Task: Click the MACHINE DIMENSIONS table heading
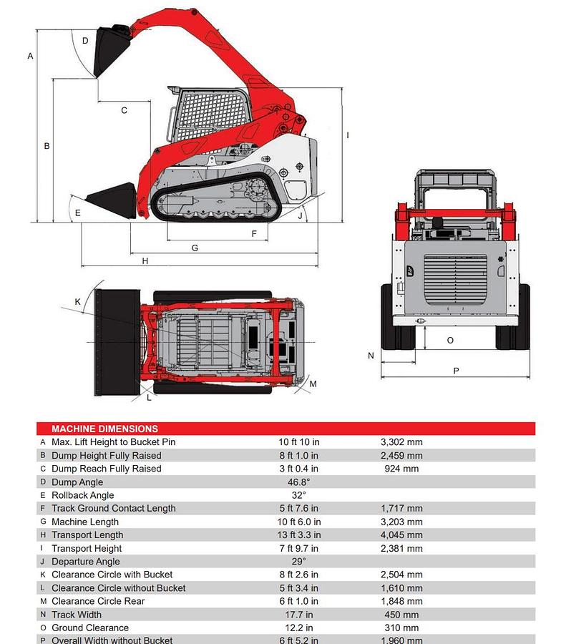(104, 429)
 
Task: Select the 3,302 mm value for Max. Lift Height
(401, 442)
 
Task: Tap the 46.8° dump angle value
(298, 482)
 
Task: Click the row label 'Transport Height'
(87, 548)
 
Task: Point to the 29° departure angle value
(298, 562)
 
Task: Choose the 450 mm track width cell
(401, 615)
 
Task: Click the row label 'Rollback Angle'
(82, 495)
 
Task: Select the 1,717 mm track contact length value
(401, 509)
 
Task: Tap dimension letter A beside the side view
(31, 56)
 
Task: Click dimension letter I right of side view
(347, 135)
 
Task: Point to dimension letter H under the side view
(145, 261)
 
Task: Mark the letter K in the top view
(78, 301)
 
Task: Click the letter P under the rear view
(456, 371)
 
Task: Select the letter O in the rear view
(450, 340)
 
